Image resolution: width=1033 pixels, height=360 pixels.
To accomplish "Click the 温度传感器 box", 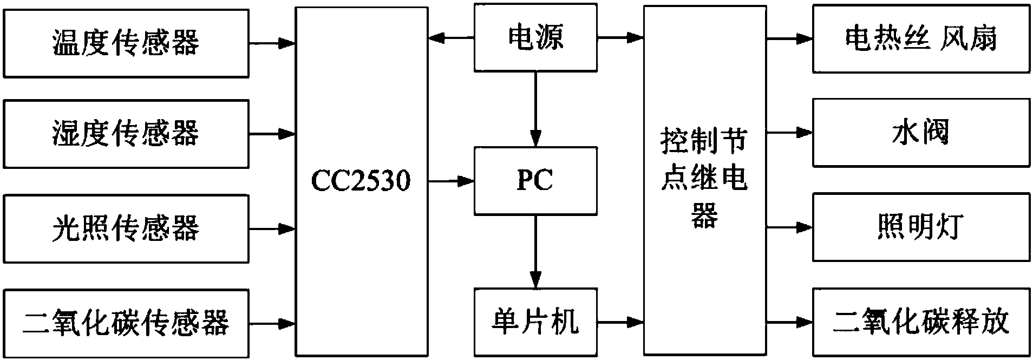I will [126, 43].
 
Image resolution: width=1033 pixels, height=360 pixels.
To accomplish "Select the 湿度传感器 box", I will [126, 134].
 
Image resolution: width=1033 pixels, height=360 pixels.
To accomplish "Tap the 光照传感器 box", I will [126, 228].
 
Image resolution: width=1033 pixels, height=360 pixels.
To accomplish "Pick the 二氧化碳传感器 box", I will [126, 323].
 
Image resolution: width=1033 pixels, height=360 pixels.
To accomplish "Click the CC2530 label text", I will [361, 180].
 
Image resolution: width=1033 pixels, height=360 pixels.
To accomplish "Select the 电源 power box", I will [535, 38].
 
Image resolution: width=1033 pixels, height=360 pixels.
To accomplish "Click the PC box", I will [535, 180].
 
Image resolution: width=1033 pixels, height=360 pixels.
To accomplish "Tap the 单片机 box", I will [535, 322].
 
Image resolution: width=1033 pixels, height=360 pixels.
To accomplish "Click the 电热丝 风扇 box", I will [920, 39].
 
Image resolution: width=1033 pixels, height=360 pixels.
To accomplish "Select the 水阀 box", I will [920, 133].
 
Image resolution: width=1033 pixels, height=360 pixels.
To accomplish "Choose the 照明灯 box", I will [920, 228].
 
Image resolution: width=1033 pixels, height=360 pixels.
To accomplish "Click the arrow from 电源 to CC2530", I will [450, 38].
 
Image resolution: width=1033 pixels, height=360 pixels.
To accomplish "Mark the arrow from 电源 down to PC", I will [535, 108].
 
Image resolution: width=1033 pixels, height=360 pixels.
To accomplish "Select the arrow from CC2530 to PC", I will [450, 181].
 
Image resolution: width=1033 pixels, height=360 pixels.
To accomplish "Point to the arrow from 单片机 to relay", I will [620, 323].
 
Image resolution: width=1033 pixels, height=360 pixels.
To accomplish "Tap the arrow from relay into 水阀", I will [789, 133].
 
